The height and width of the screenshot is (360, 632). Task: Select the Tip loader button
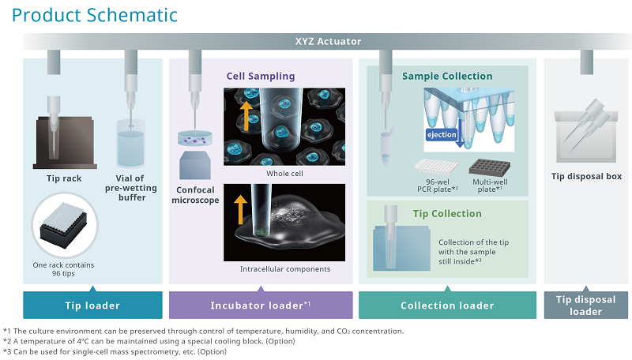pyautogui.click(x=92, y=306)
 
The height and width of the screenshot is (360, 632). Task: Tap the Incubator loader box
pyautogui.click(x=261, y=306)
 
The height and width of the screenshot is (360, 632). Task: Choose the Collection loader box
pyautogui.click(x=447, y=306)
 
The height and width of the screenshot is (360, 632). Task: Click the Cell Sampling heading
pyautogui.click(x=261, y=77)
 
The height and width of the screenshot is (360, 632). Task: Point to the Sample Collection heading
pyautogui.click(x=447, y=77)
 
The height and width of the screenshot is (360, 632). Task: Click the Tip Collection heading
pyautogui.click(x=447, y=213)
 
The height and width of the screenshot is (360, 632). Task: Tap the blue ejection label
pyautogui.click(x=442, y=135)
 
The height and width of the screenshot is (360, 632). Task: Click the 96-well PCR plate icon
pyautogui.click(x=437, y=167)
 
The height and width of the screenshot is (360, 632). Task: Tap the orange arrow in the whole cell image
pyautogui.click(x=246, y=114)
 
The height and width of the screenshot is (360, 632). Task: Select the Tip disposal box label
pyautogui.click(x=586, y=177)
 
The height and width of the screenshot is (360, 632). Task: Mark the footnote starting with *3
pyautogui.click(x=115, y=351)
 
